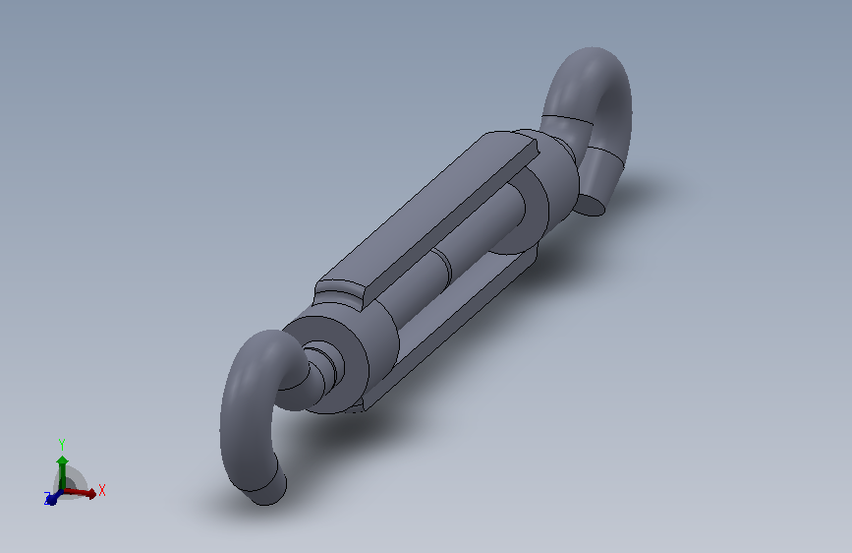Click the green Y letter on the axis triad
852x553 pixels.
(x=62, y=444)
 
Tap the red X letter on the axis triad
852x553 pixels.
(x=102, y=489)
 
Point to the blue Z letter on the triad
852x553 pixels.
(x=46, y=500)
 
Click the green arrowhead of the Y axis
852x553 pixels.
(x=62, y=461)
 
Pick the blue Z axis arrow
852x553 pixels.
(x=53, y=497)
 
